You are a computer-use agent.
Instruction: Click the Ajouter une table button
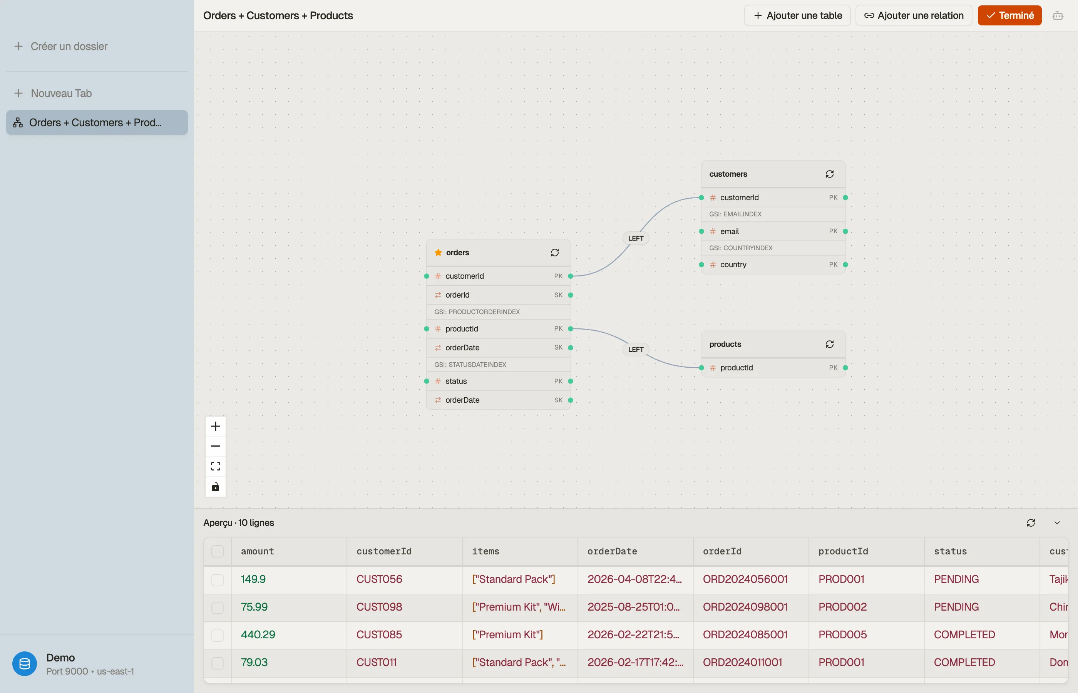[797, 16]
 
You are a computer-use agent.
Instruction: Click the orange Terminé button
[1009, 16]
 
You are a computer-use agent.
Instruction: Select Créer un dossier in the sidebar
[61, 46]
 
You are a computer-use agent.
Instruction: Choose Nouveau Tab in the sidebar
[53, 93]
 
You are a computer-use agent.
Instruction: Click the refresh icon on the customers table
[830, 174]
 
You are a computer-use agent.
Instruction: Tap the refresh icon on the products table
[830, 344]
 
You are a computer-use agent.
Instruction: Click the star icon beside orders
[438, 253]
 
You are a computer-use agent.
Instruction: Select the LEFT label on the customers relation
[636, 238]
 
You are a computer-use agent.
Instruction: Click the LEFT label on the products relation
[636, 349]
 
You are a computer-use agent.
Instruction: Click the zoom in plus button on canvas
[216, 426]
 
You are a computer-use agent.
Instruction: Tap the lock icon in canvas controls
[216, 487]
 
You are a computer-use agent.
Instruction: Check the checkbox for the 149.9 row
[217, 579]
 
